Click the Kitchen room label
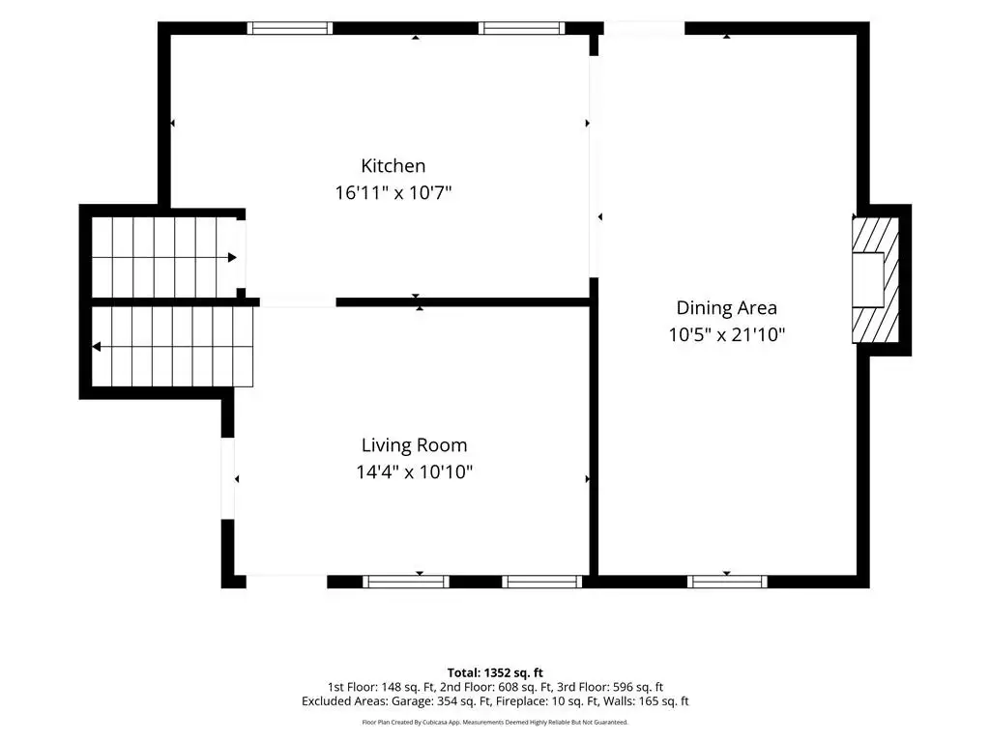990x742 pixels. tap(393, 166)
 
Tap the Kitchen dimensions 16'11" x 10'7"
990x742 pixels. tap(393, 192)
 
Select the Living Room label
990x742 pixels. tap(414, 445)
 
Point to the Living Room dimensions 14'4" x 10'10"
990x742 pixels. tap(414, 471)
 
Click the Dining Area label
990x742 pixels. tap(727, 308)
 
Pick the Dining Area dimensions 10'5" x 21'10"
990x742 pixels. tap(727, 334)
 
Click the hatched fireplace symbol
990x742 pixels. tap(876, 280)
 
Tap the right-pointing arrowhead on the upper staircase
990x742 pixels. tap(232, 257)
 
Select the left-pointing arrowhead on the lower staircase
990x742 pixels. tap(97, 347)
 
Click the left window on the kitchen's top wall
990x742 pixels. tap(290, 28)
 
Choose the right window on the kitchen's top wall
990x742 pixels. tap(521, 28)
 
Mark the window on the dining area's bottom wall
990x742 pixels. tap(727, 582)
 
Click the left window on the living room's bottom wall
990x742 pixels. tap(406, 582)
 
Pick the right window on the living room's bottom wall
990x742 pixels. tap(541, 582)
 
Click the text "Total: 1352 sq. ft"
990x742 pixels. tap(495, 672)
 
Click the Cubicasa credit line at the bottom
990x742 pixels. tap(495, 722)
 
